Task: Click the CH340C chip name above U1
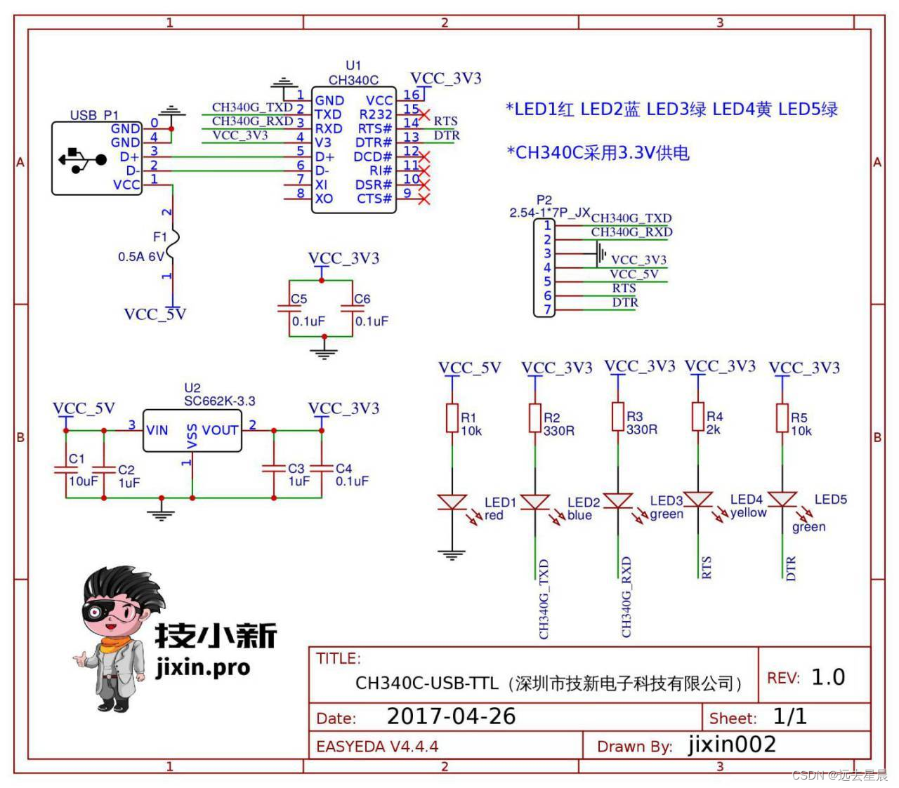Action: point(353,81)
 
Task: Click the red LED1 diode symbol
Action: point(452,502)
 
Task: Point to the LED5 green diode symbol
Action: point(782,499)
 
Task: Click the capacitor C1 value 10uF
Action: point(83,481)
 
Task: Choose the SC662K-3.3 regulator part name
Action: point(219,401)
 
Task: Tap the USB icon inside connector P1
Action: point(82,159)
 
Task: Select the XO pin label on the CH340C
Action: point(323,199)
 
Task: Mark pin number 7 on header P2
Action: point(548,309)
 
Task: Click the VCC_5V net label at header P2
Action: point(634,274)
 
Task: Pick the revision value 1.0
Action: point(828,677)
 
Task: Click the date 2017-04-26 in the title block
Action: point(451,716)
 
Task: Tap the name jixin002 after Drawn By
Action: point(732,744)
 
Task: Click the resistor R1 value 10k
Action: point(472,431)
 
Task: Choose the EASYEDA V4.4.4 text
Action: point(377,746)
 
